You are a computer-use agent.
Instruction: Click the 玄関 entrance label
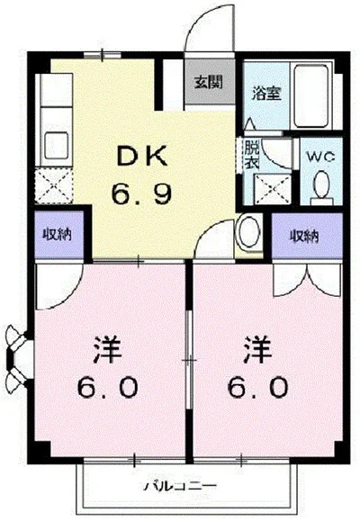208,82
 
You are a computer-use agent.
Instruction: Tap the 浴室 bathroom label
266,94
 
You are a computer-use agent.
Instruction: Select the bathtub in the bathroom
310,95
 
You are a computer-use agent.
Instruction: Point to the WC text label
320,157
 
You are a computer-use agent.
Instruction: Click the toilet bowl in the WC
320,185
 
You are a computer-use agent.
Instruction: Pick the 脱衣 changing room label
251,155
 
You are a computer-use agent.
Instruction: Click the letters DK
142,156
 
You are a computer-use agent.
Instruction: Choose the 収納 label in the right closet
303,236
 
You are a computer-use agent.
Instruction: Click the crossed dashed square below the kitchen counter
54,185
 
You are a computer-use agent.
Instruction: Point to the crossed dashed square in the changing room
273,189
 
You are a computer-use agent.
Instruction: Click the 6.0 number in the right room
258,388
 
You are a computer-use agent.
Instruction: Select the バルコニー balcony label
180,486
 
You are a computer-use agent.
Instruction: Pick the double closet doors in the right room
308,280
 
